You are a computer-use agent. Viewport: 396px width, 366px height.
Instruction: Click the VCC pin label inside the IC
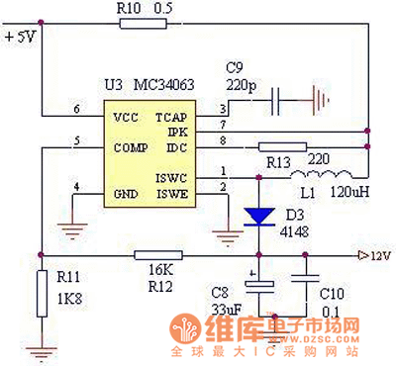[x=126, y=117]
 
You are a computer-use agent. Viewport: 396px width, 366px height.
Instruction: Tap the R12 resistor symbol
[x=162, y=254]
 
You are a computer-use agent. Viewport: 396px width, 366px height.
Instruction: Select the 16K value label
[x=161, y=269]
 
